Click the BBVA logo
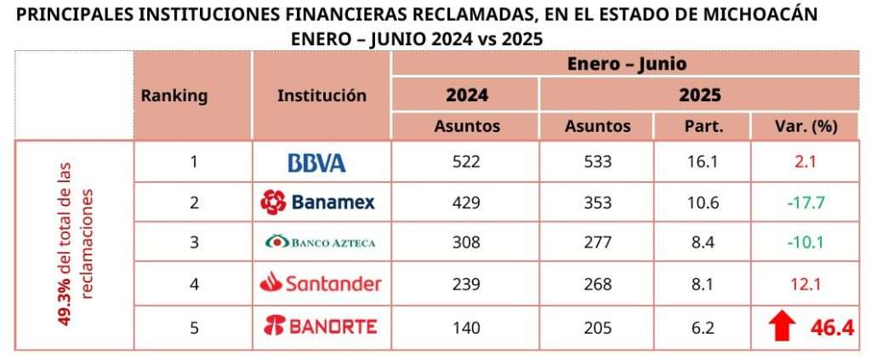click(x=316, y=163)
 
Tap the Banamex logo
click(x=317, y=203)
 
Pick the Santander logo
click(x=320, y=283)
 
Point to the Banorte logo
click(x=320, y=325)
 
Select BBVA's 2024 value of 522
click(x=466, y=162)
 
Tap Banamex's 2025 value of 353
click(x=597, y=203)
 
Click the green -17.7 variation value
click(x=794, y=203)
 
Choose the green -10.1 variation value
click(x=794, y=243)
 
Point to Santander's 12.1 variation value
click(x=794, y=283)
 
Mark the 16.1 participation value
click(x=703, y=162)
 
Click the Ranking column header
click(x=174, y=95)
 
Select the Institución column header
click(x=322, y=95)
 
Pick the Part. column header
click(x=703, y=126)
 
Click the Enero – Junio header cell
click(x=626, y=63)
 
